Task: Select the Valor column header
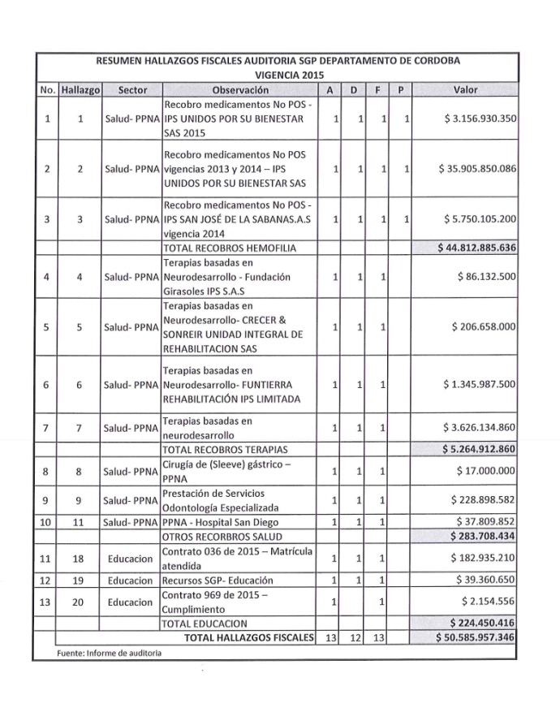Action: click(x=466, y=89)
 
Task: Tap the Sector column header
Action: click(x=131, y=89)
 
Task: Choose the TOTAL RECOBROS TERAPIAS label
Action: click(x=226, y=449)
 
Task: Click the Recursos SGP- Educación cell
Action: click(x=218, y=580)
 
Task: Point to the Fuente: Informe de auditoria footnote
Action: click(x=110, y=653)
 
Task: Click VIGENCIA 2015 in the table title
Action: click(x=278, y=74)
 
